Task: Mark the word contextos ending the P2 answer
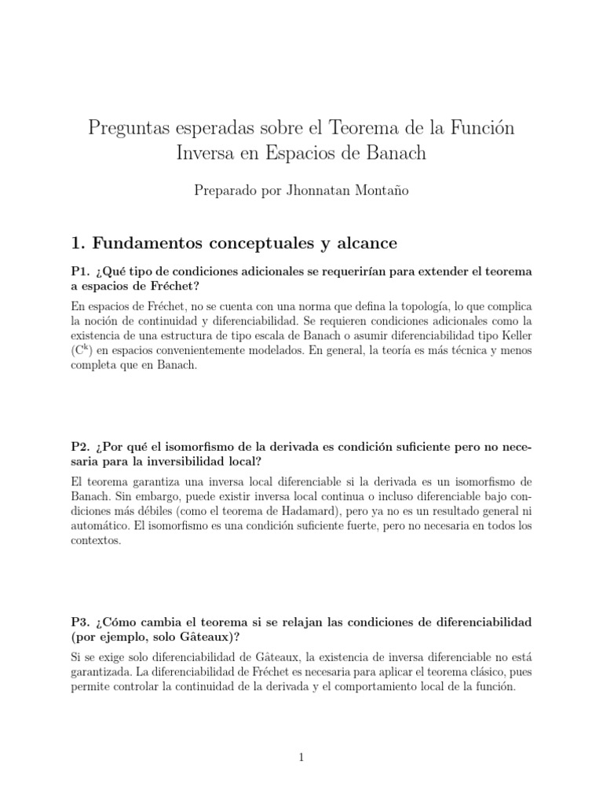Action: click(x=96, y=541)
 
